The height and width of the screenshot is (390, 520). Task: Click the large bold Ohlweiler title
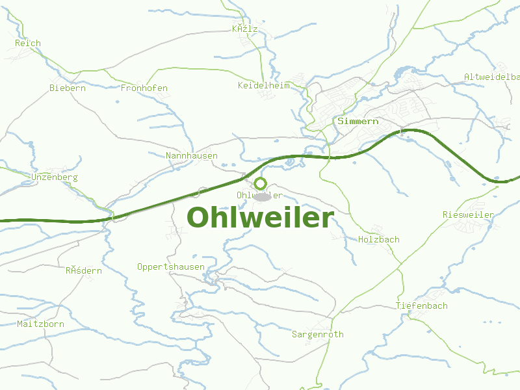click(x=260, y=218)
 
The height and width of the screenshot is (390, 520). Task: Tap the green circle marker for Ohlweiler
click(x=260, y=183)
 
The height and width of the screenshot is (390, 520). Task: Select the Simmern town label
click(x=357, y=122)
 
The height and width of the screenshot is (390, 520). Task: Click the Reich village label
click(x=28, y=44)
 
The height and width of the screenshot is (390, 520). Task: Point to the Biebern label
click(x=68, y=88)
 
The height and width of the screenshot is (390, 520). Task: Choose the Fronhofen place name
click(x=144, y=88)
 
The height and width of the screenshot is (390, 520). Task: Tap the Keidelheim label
click(x=263, y=86)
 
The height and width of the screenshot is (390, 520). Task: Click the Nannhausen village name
click(x=192, y=156)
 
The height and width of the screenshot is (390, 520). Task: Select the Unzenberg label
click(x=54, y=177)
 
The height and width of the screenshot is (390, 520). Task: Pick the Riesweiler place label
click(x=468, y=215)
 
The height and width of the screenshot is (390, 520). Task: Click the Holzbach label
click(x=379, y=240)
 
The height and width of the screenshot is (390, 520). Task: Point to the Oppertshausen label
click(x=171, y=267)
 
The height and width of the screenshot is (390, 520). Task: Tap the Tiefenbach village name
click(x=422, y=306)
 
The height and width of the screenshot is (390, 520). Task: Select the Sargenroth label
click(x=317, y=335)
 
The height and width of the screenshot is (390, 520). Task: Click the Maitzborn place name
click(x=40, y=324)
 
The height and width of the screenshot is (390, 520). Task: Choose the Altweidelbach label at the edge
click(x=491, y=77)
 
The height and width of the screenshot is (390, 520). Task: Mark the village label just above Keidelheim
click(x=245, y=29)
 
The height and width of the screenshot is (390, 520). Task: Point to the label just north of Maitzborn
click(x=83, y=271)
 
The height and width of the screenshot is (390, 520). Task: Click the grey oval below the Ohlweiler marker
click(x=261, y=196)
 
